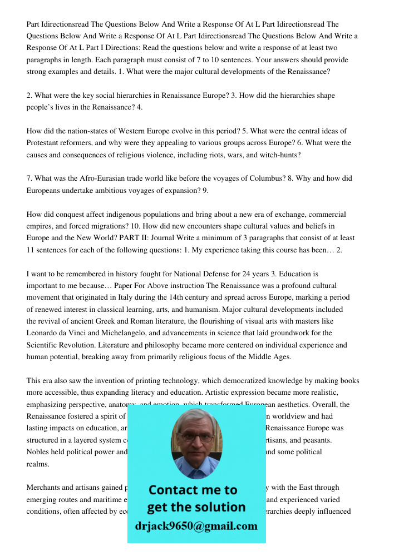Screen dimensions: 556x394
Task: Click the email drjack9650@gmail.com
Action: click(196, 526)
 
